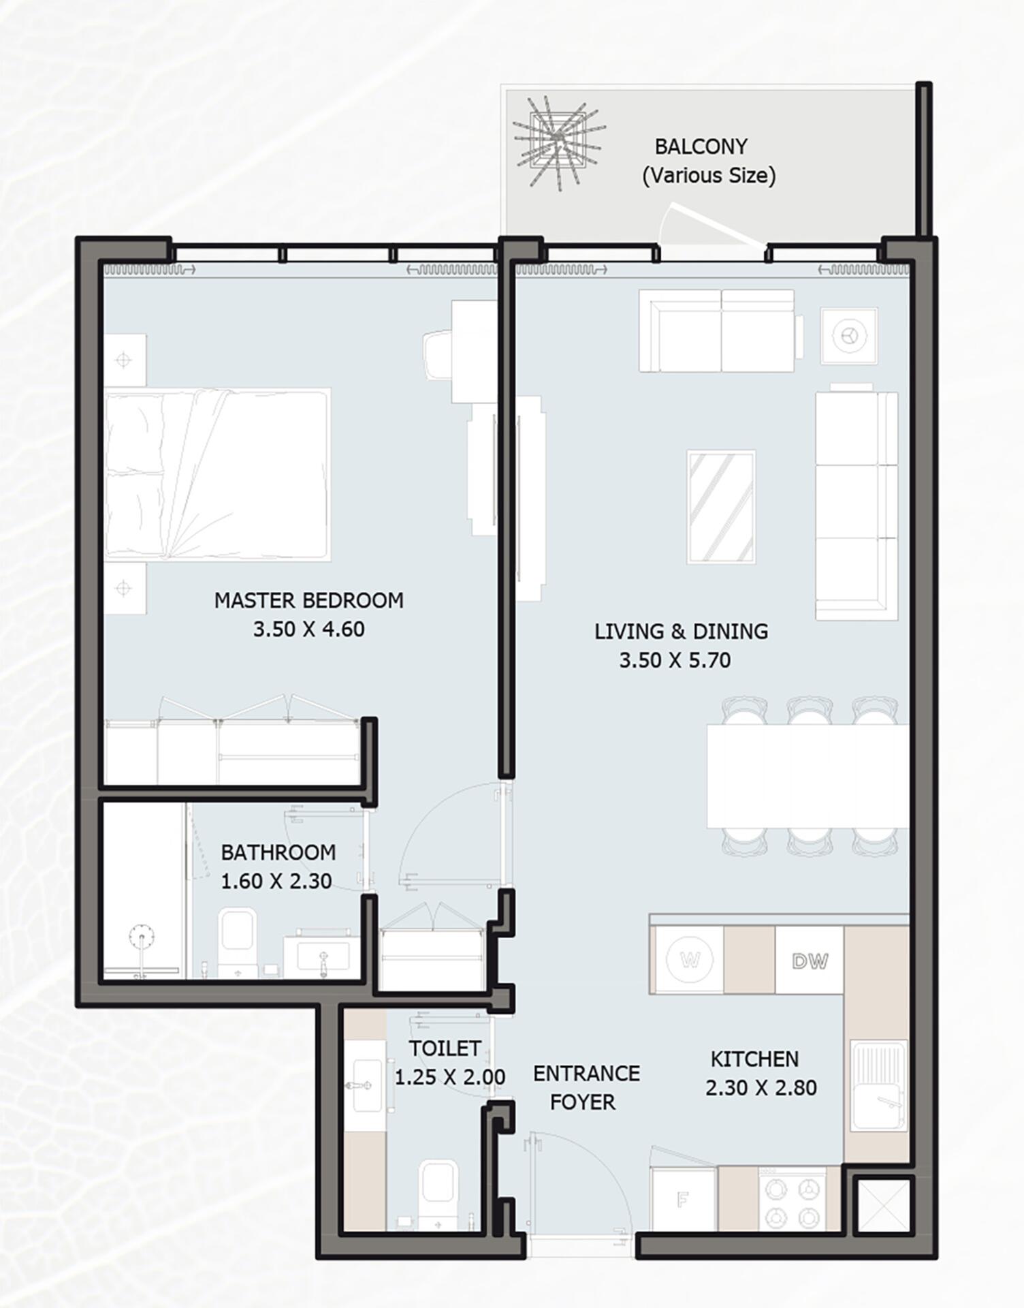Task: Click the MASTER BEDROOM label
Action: (308, 600)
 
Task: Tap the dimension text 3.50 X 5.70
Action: (675, 660)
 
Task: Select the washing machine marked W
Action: (689, 960)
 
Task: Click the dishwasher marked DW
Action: (810, 960)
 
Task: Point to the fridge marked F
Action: (684, 1200)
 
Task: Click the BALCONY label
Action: (701, 146)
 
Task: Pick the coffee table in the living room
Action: (721, 507)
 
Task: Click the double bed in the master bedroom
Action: (218, 475)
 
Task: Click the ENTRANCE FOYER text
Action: (586, 1088)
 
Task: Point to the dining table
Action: (807, 776)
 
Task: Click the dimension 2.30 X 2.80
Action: (761, 1088)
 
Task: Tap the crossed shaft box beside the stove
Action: (883, 1205)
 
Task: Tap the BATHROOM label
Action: (278, 852)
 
